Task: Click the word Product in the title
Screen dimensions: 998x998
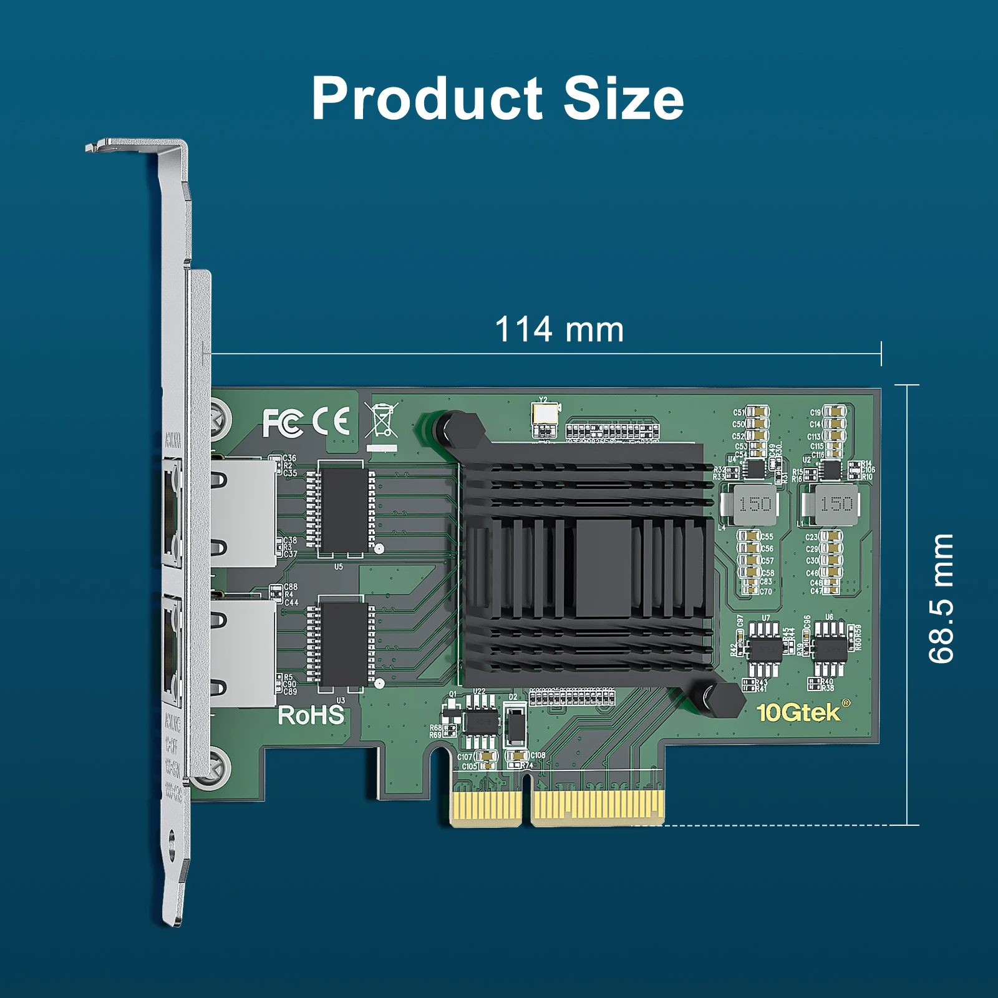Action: point(427,99)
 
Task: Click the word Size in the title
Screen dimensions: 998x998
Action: point(623,99)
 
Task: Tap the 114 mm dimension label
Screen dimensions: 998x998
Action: point(559,329)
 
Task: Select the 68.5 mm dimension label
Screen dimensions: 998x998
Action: point(941,598)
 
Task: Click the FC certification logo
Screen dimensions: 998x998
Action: point(283,422)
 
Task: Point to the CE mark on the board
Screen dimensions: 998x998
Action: point(331,421)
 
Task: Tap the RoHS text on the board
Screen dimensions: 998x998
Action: point(311,715)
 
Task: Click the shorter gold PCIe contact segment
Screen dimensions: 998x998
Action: point(486,808)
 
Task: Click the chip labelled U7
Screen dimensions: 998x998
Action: point(765,649)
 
